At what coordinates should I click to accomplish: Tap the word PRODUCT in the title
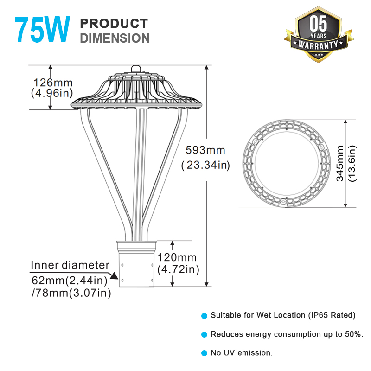coord(114,23)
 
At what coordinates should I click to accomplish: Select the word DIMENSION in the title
coord(115,38)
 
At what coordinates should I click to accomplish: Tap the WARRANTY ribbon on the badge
coord(318,45)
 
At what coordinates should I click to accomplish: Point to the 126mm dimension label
coord(52,83)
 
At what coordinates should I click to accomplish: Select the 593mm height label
coord(205,150)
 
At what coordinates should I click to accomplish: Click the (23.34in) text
coord(205,165)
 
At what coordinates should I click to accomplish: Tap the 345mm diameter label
coord(341,163)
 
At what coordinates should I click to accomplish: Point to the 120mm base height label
coord(177,257)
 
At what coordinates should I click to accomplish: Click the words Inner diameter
coord(70,265)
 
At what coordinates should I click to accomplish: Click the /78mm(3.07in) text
coord(71,293)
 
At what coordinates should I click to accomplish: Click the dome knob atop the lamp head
coord(137,69)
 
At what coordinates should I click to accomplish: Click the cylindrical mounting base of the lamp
coord(136,269)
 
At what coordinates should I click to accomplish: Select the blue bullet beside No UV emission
coord(204,353)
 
